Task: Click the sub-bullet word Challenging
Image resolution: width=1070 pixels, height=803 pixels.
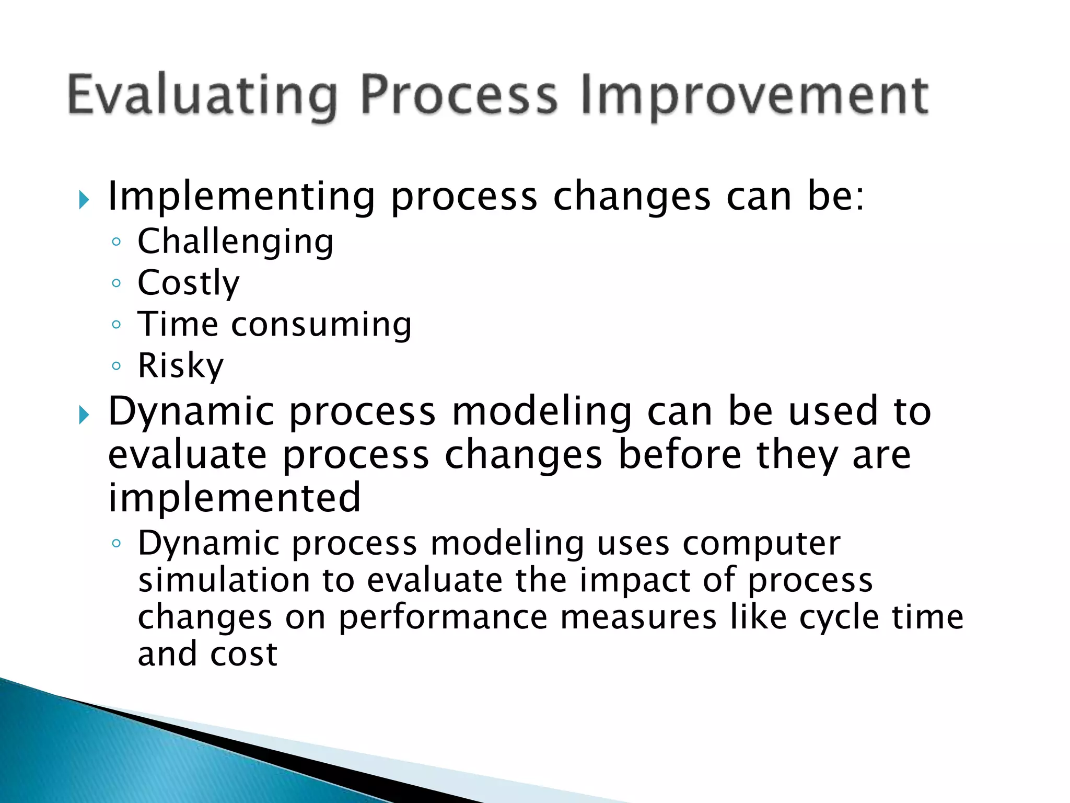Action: (235, 243)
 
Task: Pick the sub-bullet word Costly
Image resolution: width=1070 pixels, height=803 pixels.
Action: (189, 283)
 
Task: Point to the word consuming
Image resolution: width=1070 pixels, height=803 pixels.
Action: (321, 325)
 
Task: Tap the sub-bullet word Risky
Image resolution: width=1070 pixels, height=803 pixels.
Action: (180, 365)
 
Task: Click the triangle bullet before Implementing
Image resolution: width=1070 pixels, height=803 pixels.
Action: (84, 200)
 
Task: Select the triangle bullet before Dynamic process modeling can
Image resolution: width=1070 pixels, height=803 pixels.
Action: (84, 416)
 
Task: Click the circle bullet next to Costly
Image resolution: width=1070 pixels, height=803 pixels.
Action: (117, 283)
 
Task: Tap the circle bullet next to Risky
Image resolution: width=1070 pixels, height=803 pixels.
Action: (117, 365)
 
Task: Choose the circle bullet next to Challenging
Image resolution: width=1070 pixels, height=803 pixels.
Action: (117, 242)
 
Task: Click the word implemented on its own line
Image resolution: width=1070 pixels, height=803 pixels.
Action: (234, 498)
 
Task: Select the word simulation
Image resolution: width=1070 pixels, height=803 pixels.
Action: (224, 581)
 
